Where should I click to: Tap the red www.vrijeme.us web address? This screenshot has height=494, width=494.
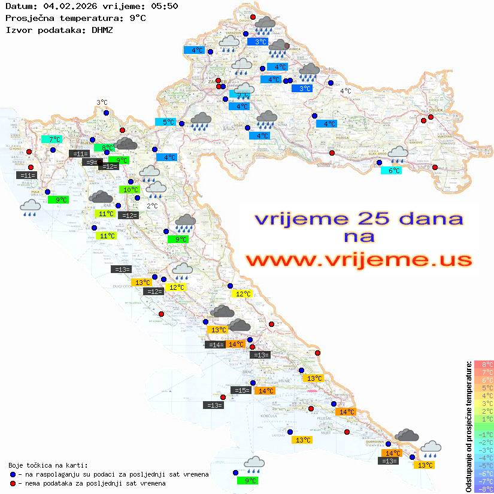pyautogui.click(x=358, y=260)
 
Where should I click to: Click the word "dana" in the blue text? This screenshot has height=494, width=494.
pyautogui.click(x=424, y=218)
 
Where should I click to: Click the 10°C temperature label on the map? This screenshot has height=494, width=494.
pyautogui.click(x=131, y=190)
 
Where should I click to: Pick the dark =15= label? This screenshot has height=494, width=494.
pyautogui.click(x=241, y=390)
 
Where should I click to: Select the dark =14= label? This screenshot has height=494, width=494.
pyautogui.click(x=215, y=344)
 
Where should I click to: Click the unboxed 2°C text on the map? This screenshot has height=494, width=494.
pyautogui.click(x=152, y=206)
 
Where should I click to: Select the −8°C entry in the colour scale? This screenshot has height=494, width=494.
pyautogui.click(x=484, y=489)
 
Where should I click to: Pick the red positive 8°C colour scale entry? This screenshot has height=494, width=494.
pyautogui.click(x=484, y=365)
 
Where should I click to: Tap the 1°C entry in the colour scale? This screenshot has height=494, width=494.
pyautogui.click(x=484, y=419)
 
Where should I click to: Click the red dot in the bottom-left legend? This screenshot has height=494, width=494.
pyautogui.click(x=13, y=483)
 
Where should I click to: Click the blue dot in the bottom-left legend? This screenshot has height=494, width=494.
pyautogui.click(x=13, y=474)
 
